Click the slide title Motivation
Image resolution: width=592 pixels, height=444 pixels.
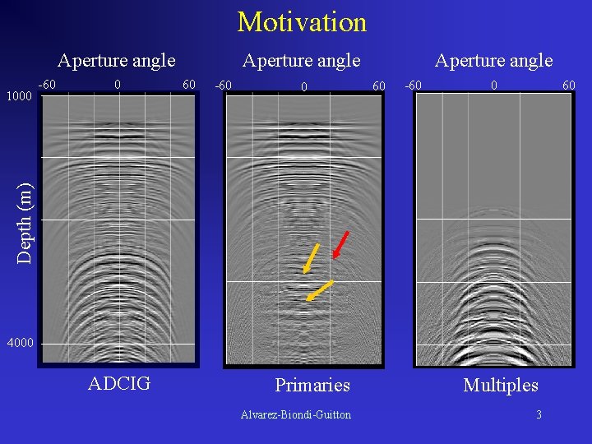tap(302, 22)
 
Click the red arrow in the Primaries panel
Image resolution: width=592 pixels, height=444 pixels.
tap(341, 245)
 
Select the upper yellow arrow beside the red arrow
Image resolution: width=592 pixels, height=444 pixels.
tap(312, 257)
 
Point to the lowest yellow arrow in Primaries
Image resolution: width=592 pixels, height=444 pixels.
tap(319, 290)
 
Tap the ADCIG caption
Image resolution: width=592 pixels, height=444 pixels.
tap(119, 383)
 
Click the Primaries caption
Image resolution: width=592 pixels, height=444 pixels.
tap(312, 385)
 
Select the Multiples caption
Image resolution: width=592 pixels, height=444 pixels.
tap(501, 385)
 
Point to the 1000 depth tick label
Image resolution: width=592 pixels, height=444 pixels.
tap(19, 96)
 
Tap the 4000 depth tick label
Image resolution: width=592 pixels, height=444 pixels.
tap(19, 343)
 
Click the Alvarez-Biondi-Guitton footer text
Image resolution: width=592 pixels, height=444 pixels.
tap(296, 414)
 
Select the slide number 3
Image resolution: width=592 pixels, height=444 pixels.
tap(539, 414)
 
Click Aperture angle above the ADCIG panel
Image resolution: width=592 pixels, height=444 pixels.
tap(117, 60)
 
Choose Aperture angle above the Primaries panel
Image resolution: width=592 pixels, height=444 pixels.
tap(301, 60)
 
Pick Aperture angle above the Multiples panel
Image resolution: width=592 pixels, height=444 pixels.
tap(493, 60)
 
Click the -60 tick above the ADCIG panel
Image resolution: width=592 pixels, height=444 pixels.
tap(48, 85)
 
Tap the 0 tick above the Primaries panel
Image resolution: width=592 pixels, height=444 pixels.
tap(303, 86)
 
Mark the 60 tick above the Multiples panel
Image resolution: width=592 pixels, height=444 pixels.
tap(569, 85)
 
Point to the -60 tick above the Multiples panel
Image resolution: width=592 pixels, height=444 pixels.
tap(414, 85)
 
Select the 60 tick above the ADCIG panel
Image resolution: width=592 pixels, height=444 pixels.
tap(189, 85)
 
